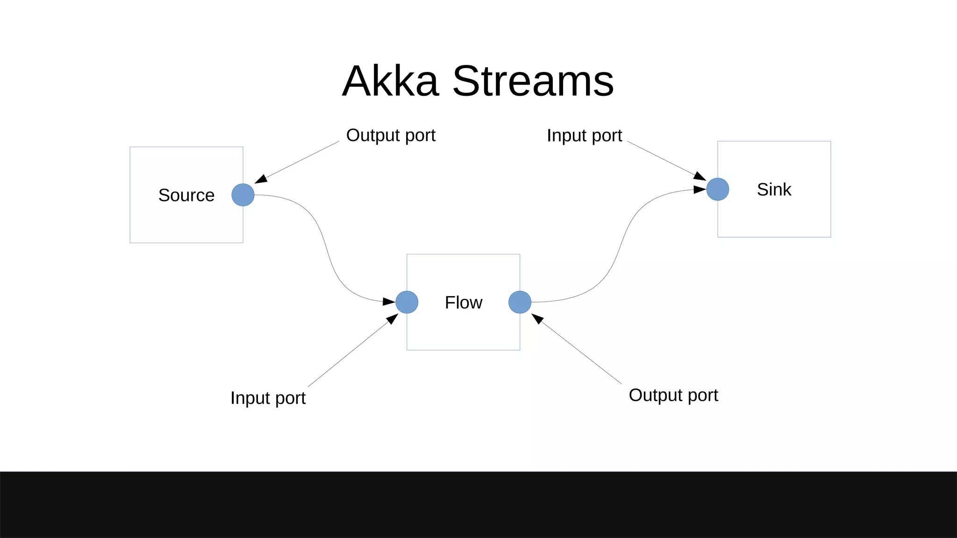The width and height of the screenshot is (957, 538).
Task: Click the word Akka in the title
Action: click(391, 81)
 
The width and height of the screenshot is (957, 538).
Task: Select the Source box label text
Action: click(186, 195)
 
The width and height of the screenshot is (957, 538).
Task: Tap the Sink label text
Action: click(774, 190)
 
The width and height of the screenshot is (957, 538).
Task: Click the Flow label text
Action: click(463, 303)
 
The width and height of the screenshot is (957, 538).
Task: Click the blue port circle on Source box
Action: click(243, 195)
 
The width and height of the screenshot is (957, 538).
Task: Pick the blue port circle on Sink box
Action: click(718, 189)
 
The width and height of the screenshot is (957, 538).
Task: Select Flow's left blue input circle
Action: click(407, 302)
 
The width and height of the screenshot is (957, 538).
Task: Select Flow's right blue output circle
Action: click(520, 302)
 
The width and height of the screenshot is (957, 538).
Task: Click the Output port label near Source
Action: click(391, 135)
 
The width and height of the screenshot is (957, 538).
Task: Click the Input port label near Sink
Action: click(584, 136)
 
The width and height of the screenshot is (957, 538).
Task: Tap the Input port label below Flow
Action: click(268, 398)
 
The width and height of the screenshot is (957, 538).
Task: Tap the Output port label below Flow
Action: click(673, 395)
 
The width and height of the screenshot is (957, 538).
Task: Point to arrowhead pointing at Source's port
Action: click(261, 179)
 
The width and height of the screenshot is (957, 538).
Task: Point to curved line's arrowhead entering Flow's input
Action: click(389, 301)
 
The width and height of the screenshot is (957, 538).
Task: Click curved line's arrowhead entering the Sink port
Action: click(700, 189)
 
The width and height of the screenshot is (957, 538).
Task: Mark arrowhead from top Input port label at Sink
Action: click(700, 176)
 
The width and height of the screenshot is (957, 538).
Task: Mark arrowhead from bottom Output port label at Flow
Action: click(537, 319)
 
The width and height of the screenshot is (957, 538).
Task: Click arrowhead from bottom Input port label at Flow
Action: click(392, 319)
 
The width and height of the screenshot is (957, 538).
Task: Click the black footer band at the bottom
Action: click(478, 504)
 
